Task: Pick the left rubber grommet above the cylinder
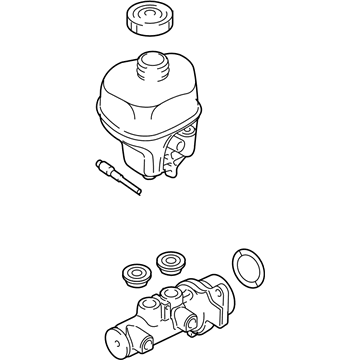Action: pyautogui.click(x=131, y=272)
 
